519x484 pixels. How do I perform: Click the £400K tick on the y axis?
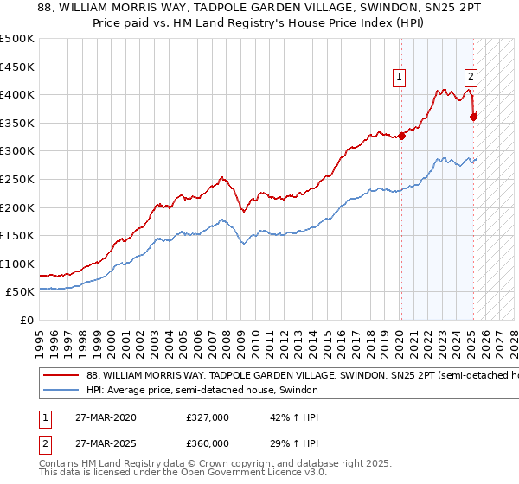[18, 94]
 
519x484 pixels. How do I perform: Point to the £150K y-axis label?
[18, 235]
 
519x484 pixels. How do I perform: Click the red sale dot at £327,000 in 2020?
[401, 136]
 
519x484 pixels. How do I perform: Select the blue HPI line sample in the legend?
[61, 390]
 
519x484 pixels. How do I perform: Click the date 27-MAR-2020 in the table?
[106, 417]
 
